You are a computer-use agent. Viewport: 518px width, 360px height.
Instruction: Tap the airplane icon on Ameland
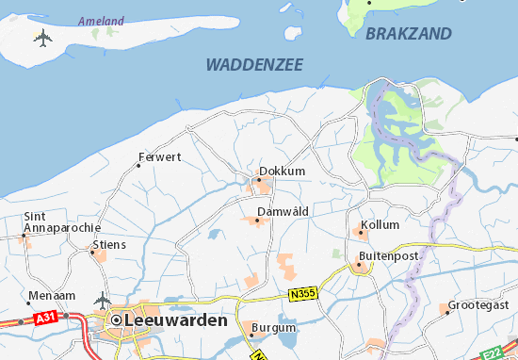pyautogui.click(x=42, y=38)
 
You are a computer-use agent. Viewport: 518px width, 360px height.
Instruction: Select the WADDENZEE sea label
pyautogui.click(x=253, y=64)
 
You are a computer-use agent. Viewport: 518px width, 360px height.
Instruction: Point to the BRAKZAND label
pyautogui.click(x=408, y=33)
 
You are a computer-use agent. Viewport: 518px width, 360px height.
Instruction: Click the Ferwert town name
pyautogui.click(x=159, y=156)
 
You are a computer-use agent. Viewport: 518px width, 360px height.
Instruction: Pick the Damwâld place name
pyautogui.click(x=283, y=211)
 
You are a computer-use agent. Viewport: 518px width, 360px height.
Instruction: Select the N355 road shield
pyautogui.click(x=301, y=293)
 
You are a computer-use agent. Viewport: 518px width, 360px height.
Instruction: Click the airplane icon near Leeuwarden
pyautogui.click(x=103, y=301)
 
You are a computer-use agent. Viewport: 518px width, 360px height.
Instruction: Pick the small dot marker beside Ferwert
pyautogui.click(x=138, y=165)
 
